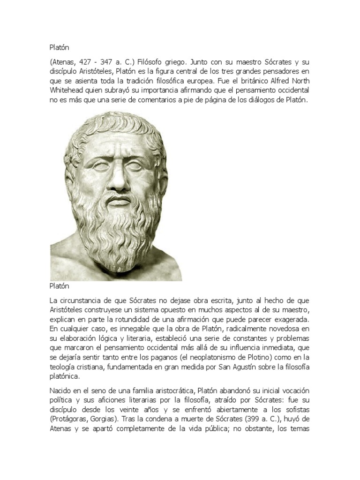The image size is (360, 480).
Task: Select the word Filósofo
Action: coord(152,62)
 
